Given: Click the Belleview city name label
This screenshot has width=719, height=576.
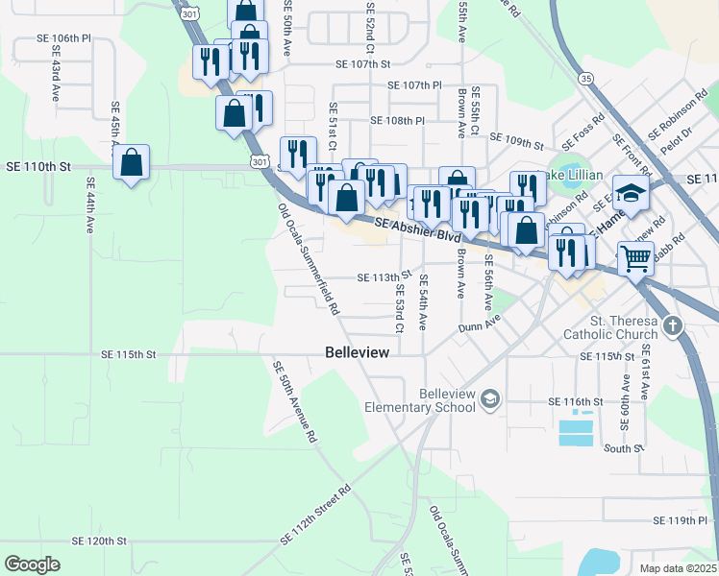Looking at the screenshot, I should [x=358, y=352].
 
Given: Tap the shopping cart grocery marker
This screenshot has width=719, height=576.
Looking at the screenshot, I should [x=635, y=257].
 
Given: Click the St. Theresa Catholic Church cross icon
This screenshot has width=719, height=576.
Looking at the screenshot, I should [x=672, y=324].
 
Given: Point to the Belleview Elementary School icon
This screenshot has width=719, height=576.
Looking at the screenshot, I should [x=490, y=397].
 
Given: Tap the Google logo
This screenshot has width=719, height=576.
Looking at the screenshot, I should [x=32, y=564].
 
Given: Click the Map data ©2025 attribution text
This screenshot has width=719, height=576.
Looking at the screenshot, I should [x=678, y=568].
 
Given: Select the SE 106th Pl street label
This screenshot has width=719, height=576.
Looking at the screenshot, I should [x=63, y=38].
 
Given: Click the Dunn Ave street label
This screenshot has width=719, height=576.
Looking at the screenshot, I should [x=480, y=327].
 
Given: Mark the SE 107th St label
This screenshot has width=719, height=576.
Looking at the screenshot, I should [x=364, y=64].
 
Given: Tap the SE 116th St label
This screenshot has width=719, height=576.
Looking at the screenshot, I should [x=575, y=401].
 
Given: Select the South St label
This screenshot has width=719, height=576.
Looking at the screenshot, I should [x=623, y=448].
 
